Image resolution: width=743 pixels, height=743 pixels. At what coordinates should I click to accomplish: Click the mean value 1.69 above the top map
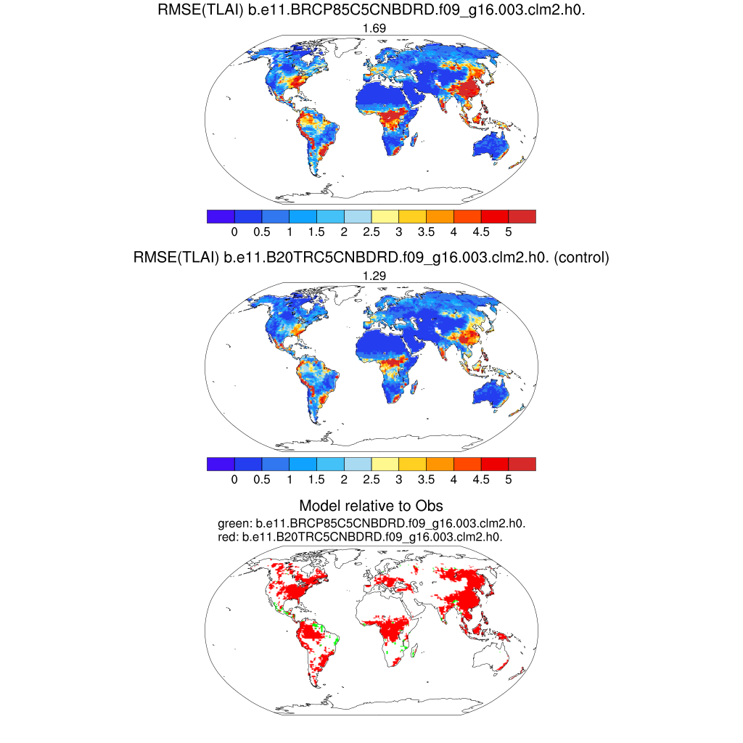[371, 28]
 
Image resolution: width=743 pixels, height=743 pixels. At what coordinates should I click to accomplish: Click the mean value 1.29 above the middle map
[371, 275]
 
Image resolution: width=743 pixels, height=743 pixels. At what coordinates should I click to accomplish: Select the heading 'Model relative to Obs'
[371, 506]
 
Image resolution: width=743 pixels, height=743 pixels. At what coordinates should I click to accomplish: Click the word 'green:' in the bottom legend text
[232, 523]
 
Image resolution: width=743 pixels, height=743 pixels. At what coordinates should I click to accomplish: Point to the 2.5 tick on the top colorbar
[371, 231]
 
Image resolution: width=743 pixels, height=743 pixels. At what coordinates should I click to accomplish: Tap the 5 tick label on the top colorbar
[509, 231]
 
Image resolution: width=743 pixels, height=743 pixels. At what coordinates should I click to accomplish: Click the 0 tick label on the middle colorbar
[234, 479]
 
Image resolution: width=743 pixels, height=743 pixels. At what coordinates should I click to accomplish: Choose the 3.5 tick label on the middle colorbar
[426, 479]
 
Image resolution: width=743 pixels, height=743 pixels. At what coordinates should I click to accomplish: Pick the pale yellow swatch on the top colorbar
[385, 216]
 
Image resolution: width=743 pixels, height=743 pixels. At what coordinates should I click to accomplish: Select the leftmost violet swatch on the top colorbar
[221, 216]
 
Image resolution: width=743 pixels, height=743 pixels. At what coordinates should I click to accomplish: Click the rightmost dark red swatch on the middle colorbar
[522, 464]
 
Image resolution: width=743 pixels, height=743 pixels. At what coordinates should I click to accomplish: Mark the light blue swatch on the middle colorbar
[358, 464]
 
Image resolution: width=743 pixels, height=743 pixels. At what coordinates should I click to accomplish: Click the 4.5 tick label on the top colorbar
[481, 231]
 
